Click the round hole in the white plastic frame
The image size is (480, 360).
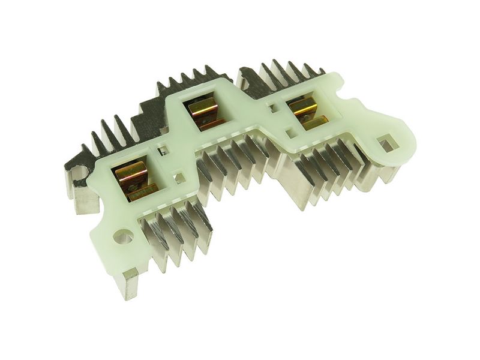point(123,238)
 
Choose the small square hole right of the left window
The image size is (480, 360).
point(179,178)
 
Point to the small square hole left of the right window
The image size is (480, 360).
point(273,109)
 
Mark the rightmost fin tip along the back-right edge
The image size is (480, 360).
point(321,71)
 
